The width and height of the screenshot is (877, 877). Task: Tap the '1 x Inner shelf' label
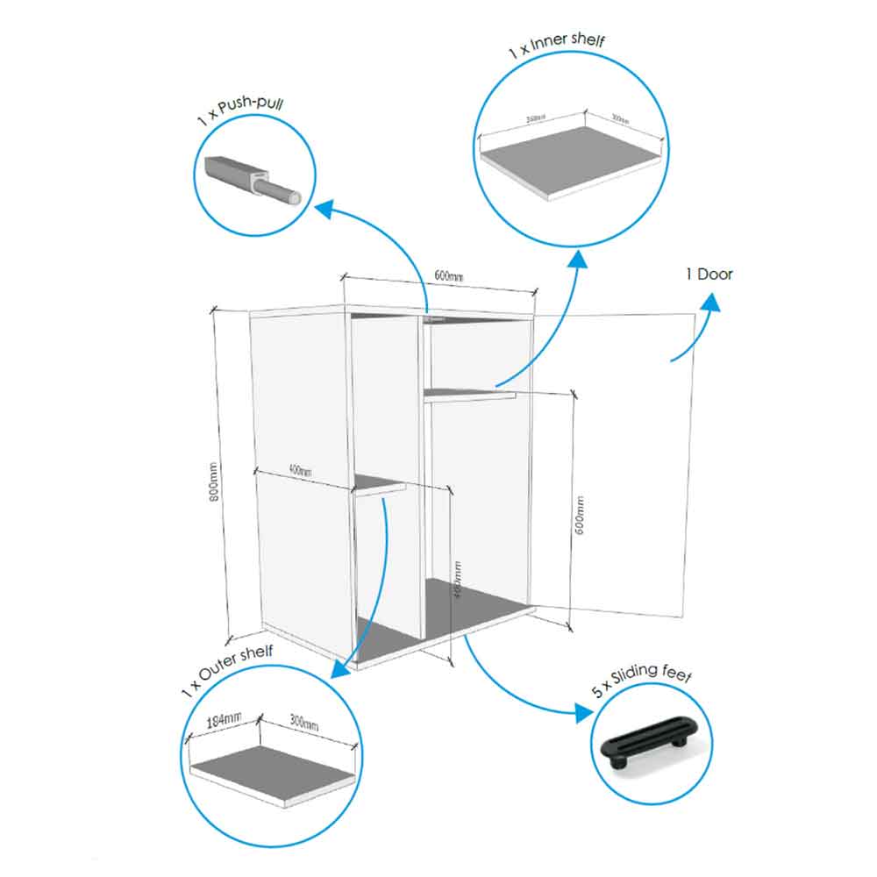557,48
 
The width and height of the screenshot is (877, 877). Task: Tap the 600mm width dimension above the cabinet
449,276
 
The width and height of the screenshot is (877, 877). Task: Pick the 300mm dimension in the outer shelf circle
303,724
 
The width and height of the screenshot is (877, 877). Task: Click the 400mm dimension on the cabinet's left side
299,472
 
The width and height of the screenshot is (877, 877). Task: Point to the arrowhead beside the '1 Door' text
709,303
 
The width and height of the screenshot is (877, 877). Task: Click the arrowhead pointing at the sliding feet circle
582,711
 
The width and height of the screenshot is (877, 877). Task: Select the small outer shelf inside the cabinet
379,485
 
